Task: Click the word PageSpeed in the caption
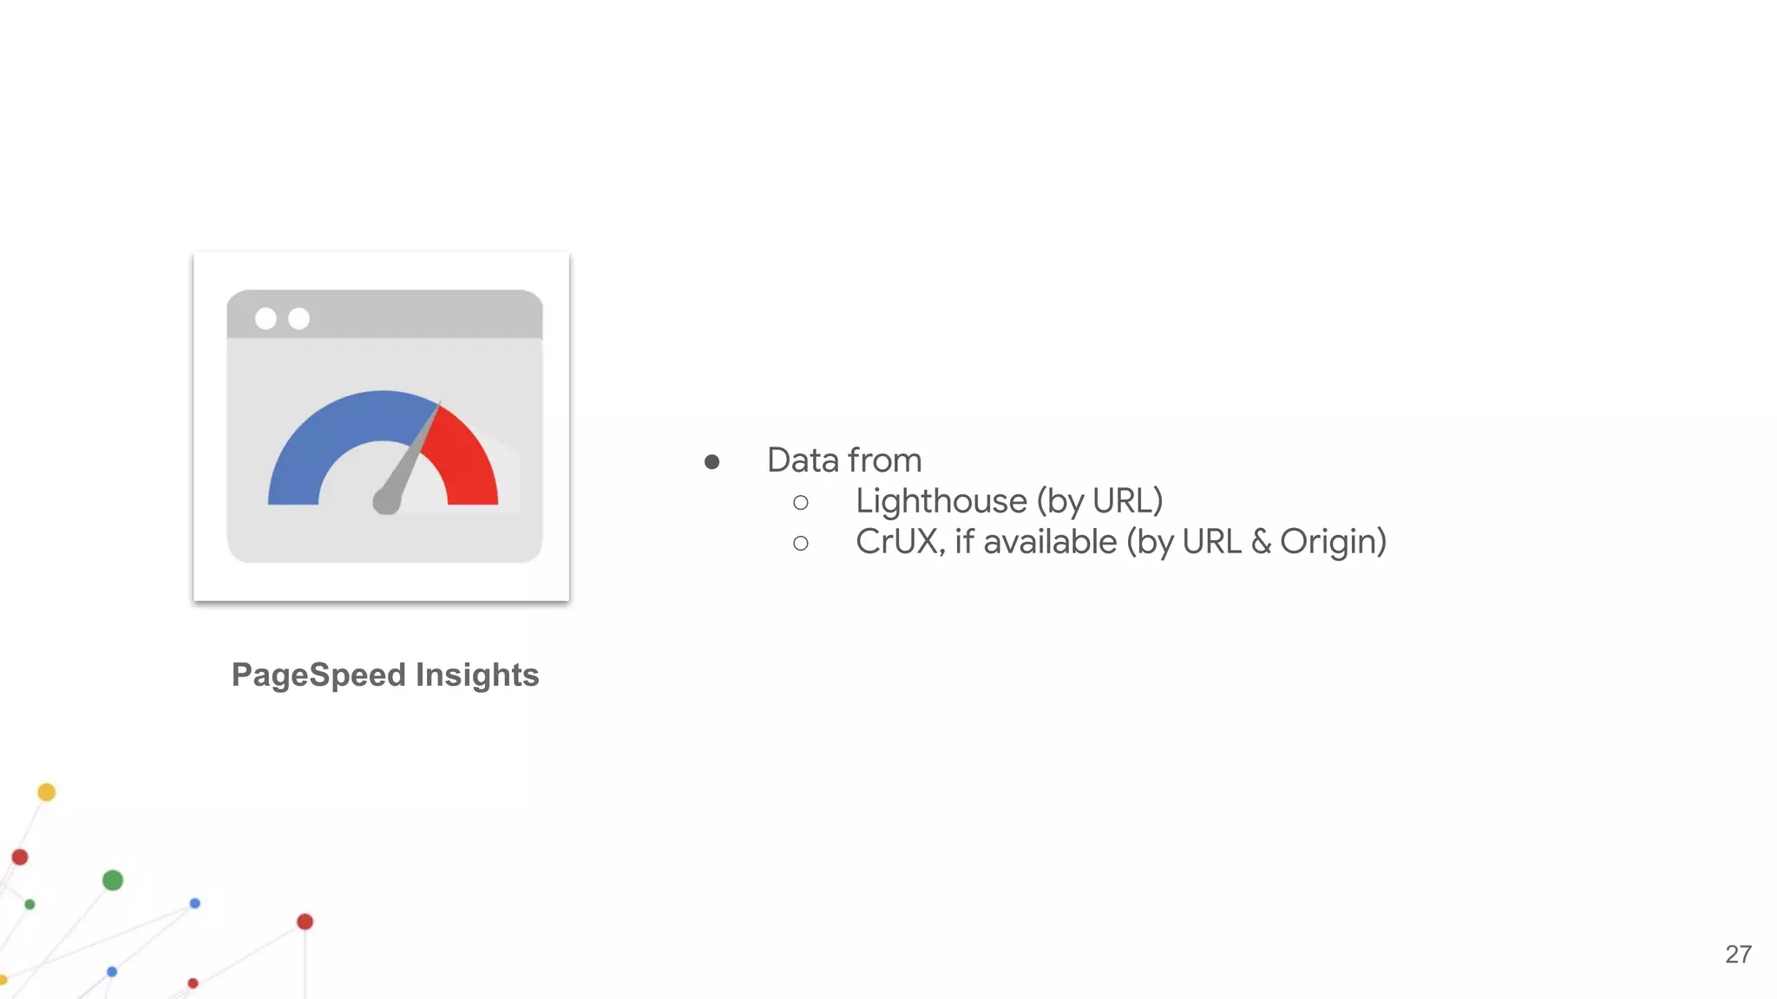318,676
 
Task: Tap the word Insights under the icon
477,676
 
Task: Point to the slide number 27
1738,954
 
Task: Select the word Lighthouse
941,501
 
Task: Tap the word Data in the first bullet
803,460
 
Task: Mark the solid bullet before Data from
712,462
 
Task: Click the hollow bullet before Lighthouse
801,503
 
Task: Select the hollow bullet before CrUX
801,544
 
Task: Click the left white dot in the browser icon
266,318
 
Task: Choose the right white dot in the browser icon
298,318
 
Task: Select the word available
1050,542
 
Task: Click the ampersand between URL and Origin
1260,542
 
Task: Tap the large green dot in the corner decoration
113,880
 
